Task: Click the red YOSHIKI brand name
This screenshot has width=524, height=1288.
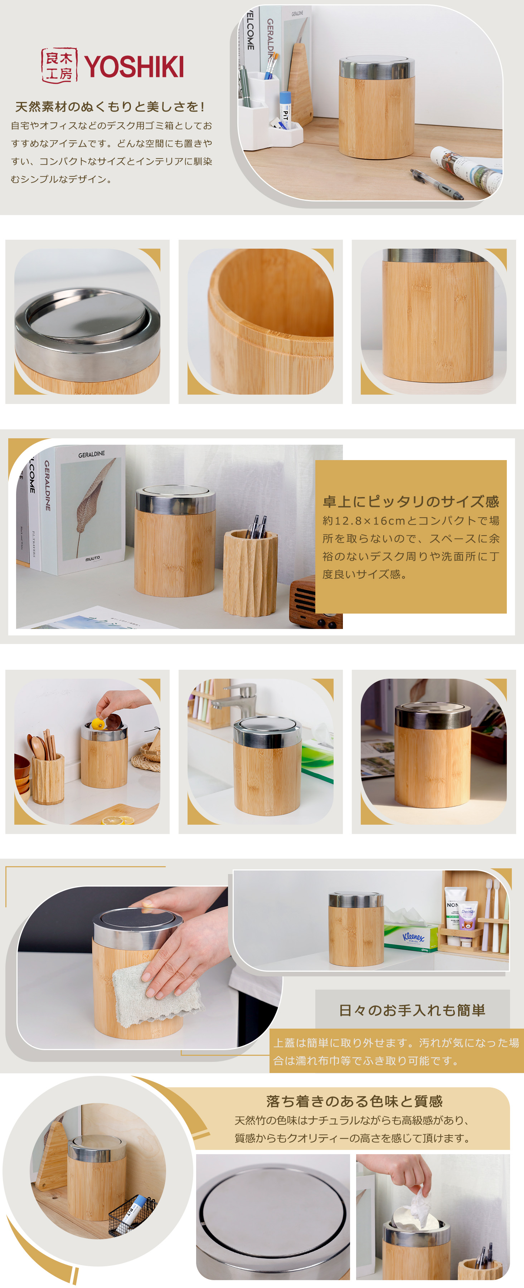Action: click(134, 67)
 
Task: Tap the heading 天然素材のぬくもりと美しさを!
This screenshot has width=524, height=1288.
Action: click(110, 107)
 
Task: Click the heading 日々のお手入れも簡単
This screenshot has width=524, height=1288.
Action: click(412, 1010)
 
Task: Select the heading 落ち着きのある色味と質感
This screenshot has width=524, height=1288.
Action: click(354, 1101)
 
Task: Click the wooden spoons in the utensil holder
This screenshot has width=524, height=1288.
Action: click(40, 745)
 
